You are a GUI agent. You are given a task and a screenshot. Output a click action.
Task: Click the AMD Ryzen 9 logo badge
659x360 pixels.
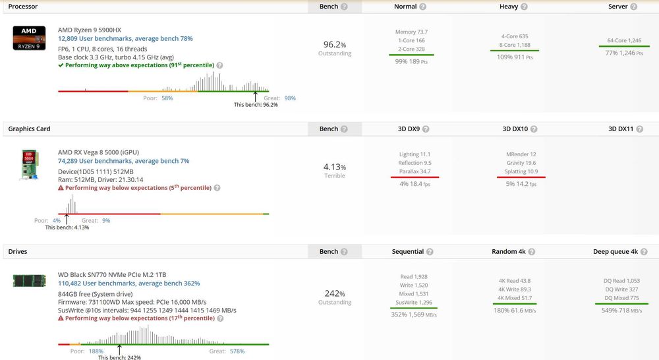click(29, 38)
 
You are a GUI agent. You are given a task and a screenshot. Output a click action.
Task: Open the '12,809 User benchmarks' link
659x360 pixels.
click(96, 39)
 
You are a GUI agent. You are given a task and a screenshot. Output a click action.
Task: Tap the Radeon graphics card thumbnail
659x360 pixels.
click(30, 165)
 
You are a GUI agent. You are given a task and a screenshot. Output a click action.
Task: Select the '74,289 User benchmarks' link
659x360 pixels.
click(96, 161)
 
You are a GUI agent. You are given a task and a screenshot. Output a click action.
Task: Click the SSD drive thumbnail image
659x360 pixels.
click(30, 280)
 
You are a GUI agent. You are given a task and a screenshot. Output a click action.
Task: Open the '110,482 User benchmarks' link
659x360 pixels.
click(97, 284)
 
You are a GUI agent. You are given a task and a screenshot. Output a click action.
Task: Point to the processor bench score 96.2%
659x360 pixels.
click(335, 45)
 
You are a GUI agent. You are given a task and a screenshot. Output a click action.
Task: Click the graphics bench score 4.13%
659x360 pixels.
click(335, 167)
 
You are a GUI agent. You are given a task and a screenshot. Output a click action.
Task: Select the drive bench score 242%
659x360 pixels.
click(335, 293)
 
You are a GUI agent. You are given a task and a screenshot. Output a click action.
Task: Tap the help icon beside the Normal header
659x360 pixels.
click(423, 7)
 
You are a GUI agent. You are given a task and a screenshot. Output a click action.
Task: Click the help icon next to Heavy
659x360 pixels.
click(524, 7)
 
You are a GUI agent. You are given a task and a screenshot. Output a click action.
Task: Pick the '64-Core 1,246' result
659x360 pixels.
click(624, 40)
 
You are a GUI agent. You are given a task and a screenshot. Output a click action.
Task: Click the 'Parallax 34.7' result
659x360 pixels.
click(415, 171)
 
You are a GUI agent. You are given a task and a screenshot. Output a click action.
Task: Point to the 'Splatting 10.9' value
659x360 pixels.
click(521, 171)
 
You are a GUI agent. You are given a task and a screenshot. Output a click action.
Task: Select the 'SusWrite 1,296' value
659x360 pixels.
click(414, 303)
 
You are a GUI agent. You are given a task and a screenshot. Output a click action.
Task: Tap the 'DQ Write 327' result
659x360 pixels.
click(621, 289)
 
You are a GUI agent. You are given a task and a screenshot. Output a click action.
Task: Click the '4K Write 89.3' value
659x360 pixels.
click(515, 289)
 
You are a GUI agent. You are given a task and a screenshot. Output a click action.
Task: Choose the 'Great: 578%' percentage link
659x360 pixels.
click(237, 351)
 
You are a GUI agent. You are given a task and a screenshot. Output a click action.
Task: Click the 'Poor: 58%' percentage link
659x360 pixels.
click(167, 98)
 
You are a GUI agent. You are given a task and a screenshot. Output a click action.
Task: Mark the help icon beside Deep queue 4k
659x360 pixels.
click(644, 252)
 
